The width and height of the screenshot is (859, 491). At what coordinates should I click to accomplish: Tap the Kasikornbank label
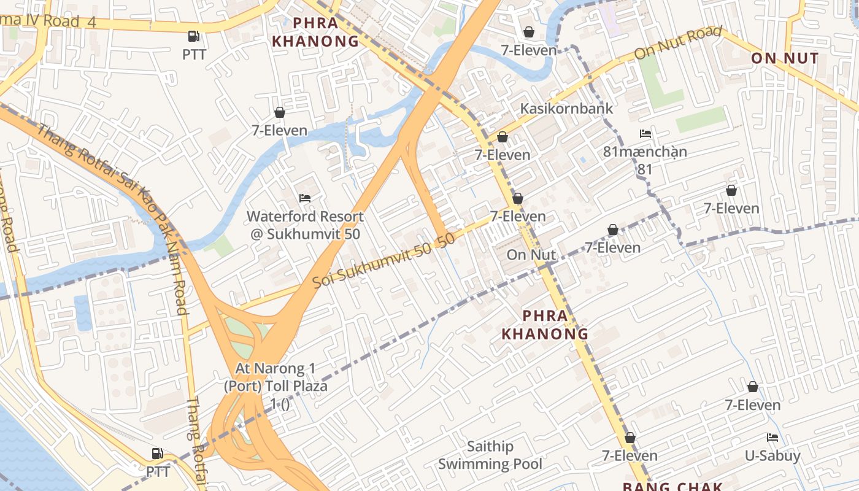coord(566,109)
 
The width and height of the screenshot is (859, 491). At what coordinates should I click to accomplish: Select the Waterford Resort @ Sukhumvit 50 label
coord(305,225)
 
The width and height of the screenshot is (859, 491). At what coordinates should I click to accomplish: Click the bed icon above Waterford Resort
coord(305,198)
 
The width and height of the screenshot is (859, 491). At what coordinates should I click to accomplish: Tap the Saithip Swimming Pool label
coord(490,455)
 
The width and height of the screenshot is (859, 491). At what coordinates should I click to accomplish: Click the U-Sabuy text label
coord(772,455)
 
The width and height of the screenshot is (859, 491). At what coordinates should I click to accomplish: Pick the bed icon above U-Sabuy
coord(772,438)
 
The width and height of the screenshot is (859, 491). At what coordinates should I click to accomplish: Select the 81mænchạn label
coord(645,151)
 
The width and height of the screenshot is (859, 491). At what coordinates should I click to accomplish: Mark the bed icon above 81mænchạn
coord(645,133)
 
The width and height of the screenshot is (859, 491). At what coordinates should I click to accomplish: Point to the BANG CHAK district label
coord(672,486)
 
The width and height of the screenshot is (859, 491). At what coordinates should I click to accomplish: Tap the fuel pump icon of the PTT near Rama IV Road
coord(194,36)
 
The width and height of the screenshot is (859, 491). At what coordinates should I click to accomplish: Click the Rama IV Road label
coord(49,21)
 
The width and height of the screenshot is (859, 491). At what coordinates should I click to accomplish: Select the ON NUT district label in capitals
coord(785,58)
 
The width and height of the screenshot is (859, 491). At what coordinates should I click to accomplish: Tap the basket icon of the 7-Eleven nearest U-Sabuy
coord(753,387)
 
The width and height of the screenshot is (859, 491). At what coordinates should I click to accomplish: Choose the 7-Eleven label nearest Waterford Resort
coord(279,130)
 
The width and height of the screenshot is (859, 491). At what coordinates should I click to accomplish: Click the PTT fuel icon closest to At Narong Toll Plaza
coord(158,454)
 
